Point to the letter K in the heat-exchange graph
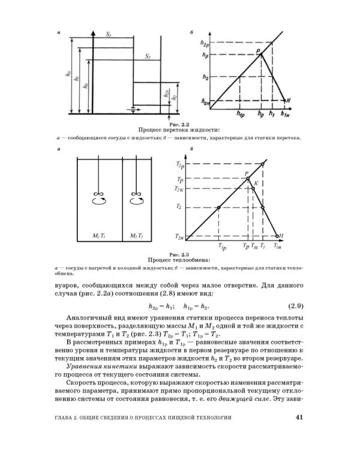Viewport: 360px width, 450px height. (256, 182)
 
